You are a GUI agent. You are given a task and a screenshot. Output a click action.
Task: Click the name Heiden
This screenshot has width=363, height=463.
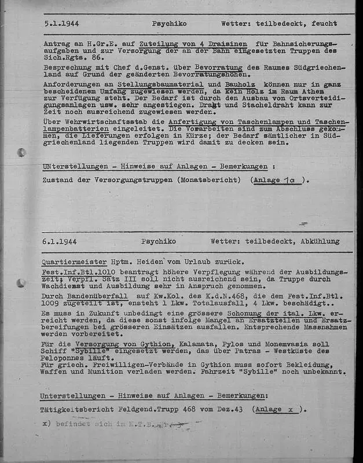(145, 262)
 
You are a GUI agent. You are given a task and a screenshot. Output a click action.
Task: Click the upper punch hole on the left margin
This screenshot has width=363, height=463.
(21, 153)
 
